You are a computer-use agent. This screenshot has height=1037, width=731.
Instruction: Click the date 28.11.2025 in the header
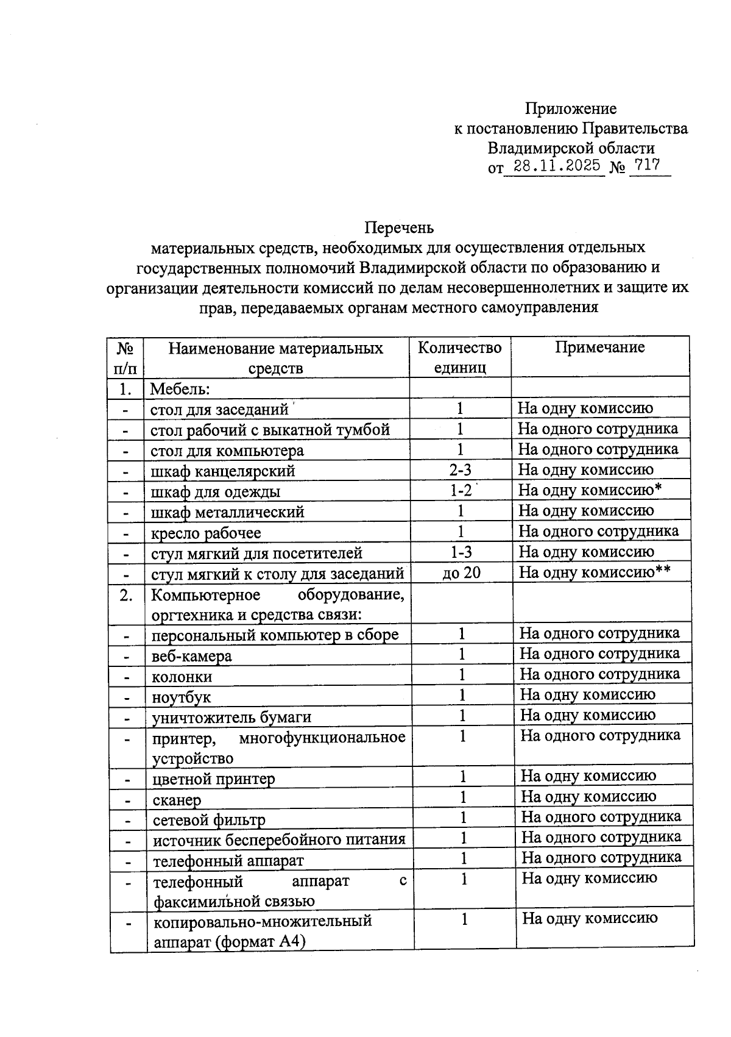[557, 165]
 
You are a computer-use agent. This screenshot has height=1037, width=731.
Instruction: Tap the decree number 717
[647, 165]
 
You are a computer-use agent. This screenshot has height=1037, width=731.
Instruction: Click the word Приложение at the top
[571, 109]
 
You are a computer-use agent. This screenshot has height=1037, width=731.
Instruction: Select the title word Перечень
[399, 227]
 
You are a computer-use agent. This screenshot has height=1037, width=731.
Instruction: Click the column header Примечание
[599, 347]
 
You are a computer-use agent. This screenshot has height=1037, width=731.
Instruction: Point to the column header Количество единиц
[459, 357]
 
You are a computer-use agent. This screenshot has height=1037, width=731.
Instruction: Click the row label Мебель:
[180, 388]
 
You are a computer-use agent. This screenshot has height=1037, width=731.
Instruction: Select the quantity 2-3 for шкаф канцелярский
[460, 469]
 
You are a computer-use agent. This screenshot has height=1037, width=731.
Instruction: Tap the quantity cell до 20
[461, 572]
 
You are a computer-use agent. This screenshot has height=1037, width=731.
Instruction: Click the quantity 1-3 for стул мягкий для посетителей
[461, 552]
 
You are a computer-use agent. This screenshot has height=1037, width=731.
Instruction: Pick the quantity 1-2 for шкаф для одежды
[461, 490]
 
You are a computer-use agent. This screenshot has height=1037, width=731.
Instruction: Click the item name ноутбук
[181, 697]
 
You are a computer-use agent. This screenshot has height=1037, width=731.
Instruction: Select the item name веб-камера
[191, 656]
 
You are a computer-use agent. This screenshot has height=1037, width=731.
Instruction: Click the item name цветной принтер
[213, 779]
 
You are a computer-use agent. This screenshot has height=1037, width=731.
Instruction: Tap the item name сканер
[177, 800]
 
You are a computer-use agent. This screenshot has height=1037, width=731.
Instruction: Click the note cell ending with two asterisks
[594, 572]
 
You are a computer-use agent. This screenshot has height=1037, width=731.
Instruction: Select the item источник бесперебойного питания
[278, 840]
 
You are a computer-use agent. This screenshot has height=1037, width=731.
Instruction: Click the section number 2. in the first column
[126, 596]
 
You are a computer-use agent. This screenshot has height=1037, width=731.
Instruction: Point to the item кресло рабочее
[206, 533]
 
